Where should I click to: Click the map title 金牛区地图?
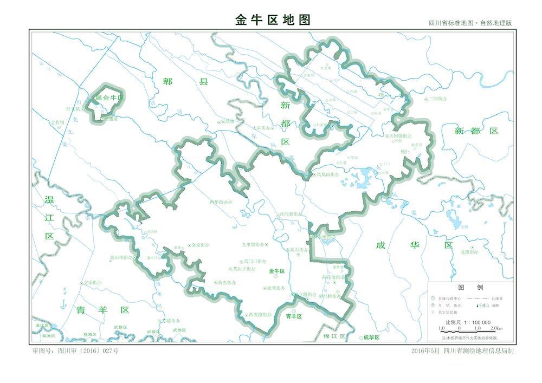pyautogui.click(x=273, y=20)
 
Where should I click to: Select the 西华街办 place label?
pyautogui.click(x=219, y=202)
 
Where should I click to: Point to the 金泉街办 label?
pyautogui.click(x=200, y=245)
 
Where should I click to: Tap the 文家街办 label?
pyautogui.click(x=92, y=283)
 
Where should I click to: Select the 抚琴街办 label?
pyautogui.click(x=275, y=288)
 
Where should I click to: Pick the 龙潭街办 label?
pyautogui.click(x=469, y=252)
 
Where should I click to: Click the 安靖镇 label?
pyautogui.click(x=228, y=121)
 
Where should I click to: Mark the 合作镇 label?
pyautogui.click(x=58, y=122)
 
